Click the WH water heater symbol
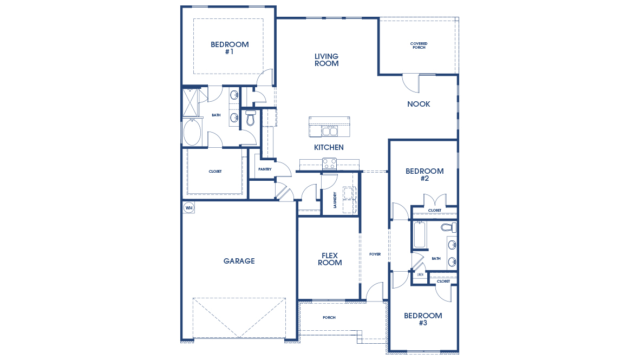pyautogui.click(x=188, y=207)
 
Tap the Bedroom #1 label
pyautogui.click(x=230, y=48)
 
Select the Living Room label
pyautogui.click(x=326, y=60)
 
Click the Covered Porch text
pyautogui.click(x=418, y=45)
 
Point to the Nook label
pyautogui.click(x=419, y=104)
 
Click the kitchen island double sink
pyautogui.click(x=329, y=131)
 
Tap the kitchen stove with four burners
pyautogui.click(x=329, y=163)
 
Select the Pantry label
pyautogui.click(x=265, y=169)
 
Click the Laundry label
pyautogui.click(x=336, y=199)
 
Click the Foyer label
pyautogui.click(x=375, y=254)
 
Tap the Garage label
pyautogui.click(x=239, y=261)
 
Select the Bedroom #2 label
pyautogui.click(x=425, y=174)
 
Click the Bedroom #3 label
pyautogui.click(x=423, y=319)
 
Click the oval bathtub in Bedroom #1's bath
pyautogui.click(x=192, y=133)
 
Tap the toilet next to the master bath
pyautogui.click(x=250, y=118)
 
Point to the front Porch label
pyautogui.click(x=329, y=318)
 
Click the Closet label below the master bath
pyautogui.click(x=215, y=172)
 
